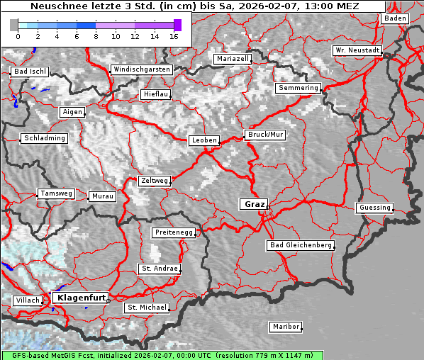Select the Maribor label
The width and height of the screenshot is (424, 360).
[286, 327]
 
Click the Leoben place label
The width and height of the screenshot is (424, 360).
[204, 140]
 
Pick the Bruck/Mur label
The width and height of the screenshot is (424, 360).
[265, 134]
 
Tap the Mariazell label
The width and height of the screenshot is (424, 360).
[233, 59]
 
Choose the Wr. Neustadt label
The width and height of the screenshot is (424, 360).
[357, 51]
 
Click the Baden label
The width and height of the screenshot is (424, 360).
[396, 18]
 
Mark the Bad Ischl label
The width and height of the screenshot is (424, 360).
[30, 72]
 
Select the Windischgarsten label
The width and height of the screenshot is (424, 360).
[141, 69]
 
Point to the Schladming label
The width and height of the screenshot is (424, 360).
[44, 138]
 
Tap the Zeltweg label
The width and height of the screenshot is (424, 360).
[155, 181]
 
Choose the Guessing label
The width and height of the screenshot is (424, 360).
[374, 208]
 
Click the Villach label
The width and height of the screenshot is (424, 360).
[28, 300]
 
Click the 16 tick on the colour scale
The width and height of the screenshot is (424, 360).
[174, 35]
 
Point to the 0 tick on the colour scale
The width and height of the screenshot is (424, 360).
[18, 35]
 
